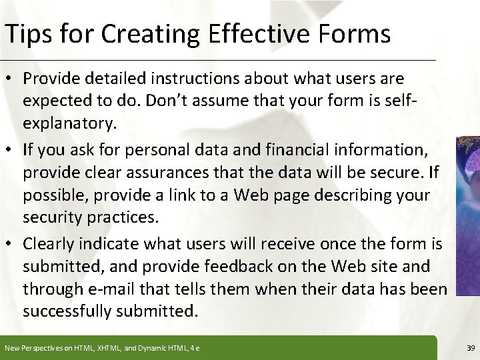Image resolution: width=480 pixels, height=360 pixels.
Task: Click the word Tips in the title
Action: coord(25,33)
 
